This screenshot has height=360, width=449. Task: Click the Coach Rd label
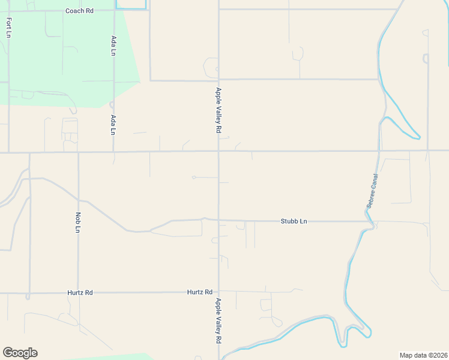point(80,11)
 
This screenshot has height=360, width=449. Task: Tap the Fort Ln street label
point(8,27)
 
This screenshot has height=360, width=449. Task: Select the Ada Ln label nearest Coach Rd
point(113,46)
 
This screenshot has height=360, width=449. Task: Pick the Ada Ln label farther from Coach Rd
point(113,125)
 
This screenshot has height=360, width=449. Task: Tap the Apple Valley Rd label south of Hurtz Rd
point(218,321)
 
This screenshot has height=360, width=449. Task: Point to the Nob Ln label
point(78,221)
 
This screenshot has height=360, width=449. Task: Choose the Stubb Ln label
point(294,221)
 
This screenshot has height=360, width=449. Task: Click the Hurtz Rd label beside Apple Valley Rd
point(200,292)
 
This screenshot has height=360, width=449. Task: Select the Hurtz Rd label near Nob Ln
point(80,293)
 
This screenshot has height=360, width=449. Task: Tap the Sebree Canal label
point(372,191)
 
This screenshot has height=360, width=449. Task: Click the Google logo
point(20,353)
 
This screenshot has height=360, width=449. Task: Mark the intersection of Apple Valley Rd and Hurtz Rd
point(218,293)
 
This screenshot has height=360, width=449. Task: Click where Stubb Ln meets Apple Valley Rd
point(218,220)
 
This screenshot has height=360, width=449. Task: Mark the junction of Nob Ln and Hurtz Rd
point(78,293)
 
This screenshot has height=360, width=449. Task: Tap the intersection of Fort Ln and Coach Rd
point(8,10)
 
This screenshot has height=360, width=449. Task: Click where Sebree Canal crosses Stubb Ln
point(372,223)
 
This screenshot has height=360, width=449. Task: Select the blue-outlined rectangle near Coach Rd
point(131,4)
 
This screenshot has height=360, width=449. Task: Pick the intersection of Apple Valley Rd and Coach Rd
point(218,10)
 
